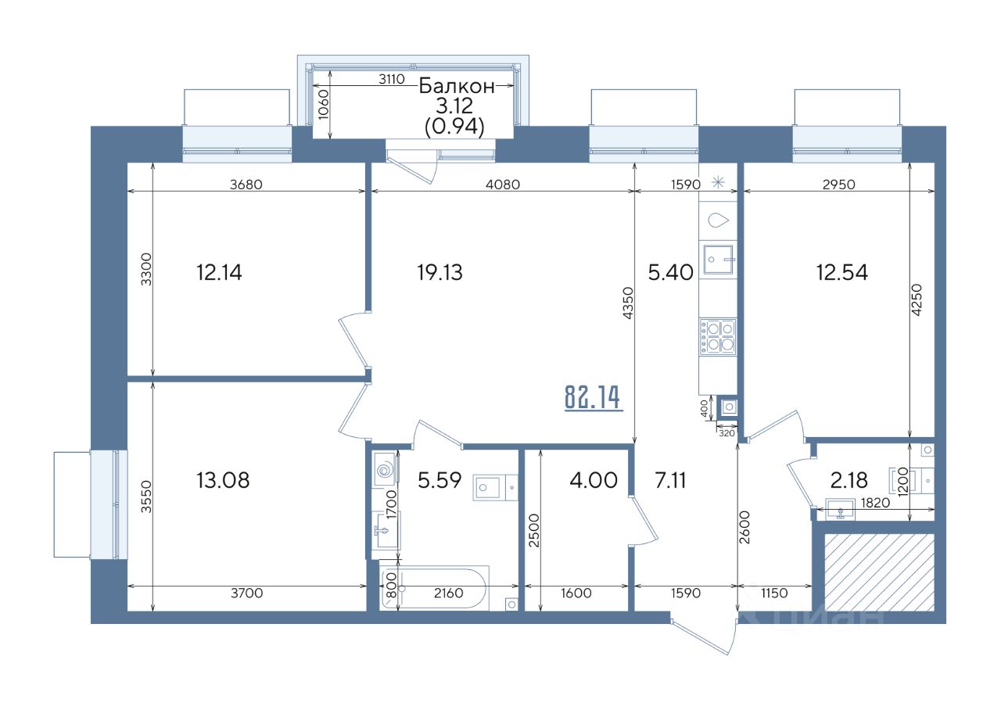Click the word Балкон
[457, 86]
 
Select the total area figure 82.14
[593, 397]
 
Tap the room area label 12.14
[219, 273]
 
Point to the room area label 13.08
[223, 480]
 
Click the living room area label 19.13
[440, 273]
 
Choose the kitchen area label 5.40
[670, 273]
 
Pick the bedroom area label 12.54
[842, 273]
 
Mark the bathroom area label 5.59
[440, 480]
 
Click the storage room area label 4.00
[594, 480]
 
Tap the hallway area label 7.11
[670, 480]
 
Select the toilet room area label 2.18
[849, 481]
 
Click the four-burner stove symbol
[718, 336]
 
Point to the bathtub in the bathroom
[434, 587]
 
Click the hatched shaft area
[880, 572]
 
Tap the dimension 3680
[246, 185]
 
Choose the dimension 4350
[628, 303]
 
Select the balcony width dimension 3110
[392, 80]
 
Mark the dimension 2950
[839, 185]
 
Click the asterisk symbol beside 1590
[718, 182]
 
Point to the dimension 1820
[875, 503]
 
